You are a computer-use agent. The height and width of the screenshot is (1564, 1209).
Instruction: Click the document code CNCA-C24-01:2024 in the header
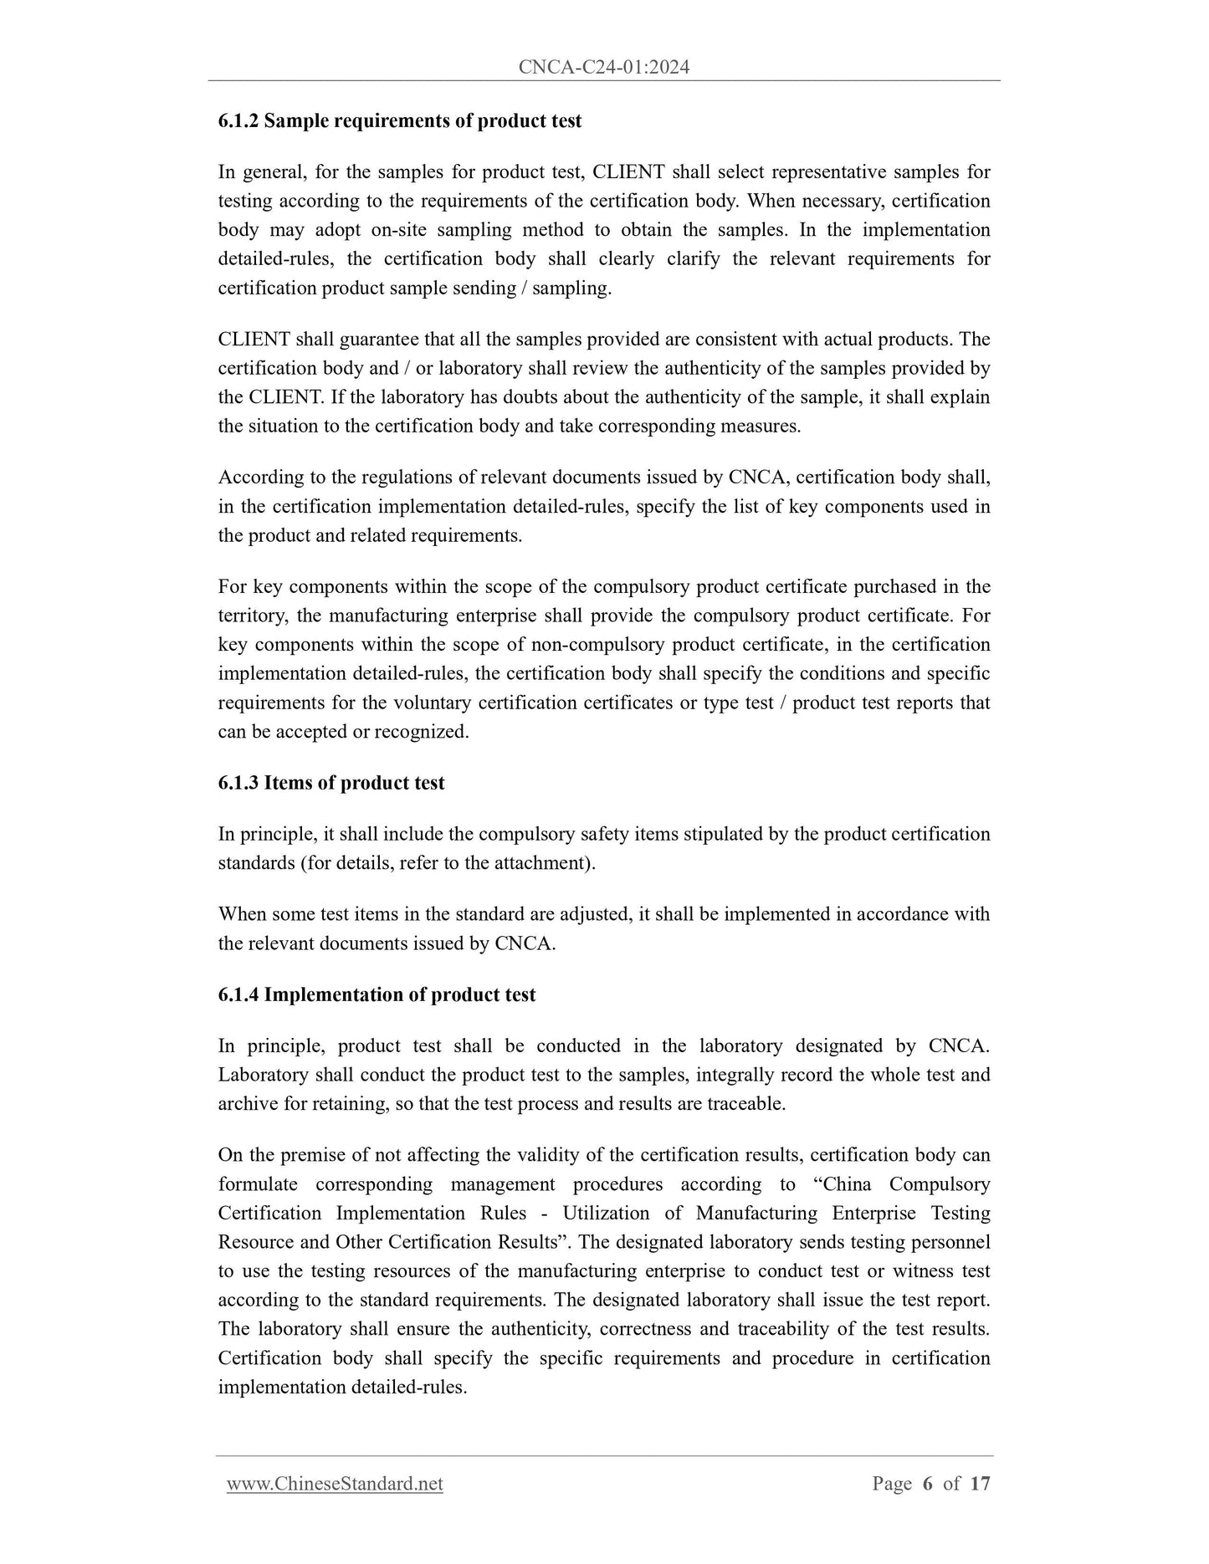tap(603, 68)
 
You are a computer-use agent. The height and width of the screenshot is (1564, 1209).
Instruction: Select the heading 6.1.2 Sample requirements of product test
tap(400, 121)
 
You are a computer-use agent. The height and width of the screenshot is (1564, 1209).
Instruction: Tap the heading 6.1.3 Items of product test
tap(331, 784)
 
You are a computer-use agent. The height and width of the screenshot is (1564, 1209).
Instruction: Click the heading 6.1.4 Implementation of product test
tap(377, 995)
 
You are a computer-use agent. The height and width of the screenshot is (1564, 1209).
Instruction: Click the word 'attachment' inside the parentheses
tap(544, 863)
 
